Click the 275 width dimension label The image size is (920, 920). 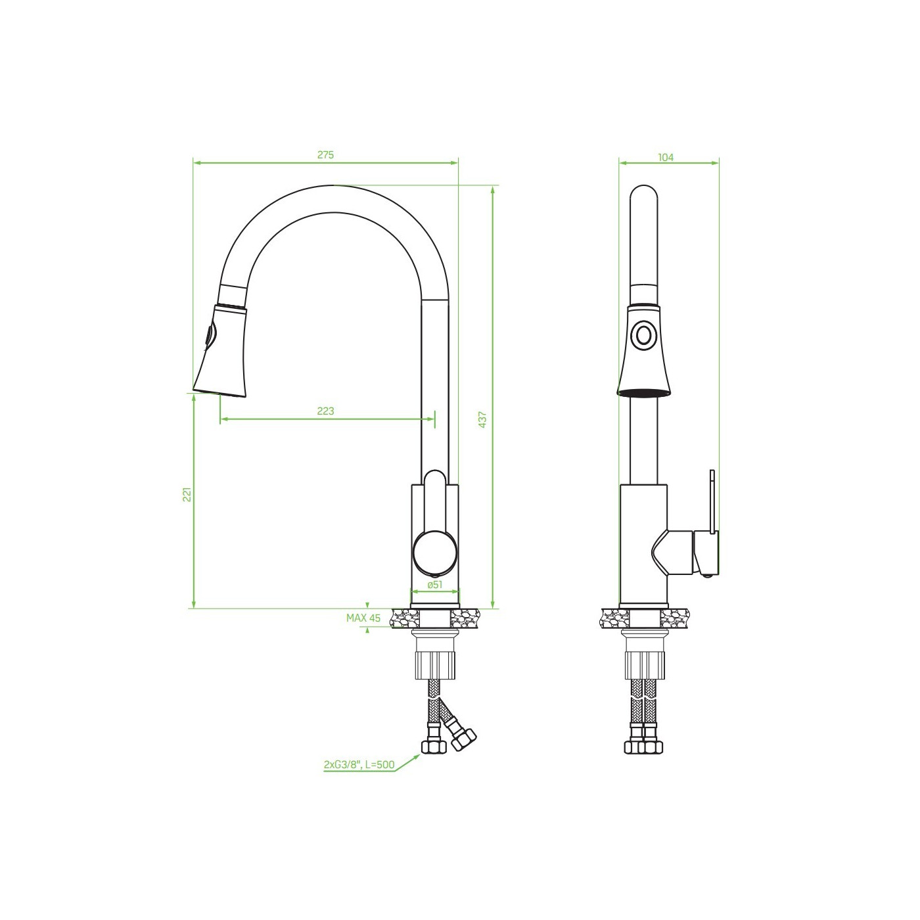(325, 155)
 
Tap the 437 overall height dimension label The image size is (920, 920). (483, 419)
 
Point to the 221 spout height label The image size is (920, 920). (187, 494)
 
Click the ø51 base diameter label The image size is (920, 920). (435, 584)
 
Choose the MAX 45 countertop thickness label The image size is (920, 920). (363, 618)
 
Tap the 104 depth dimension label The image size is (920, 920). (666, 158)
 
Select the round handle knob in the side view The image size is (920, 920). (435, 551)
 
